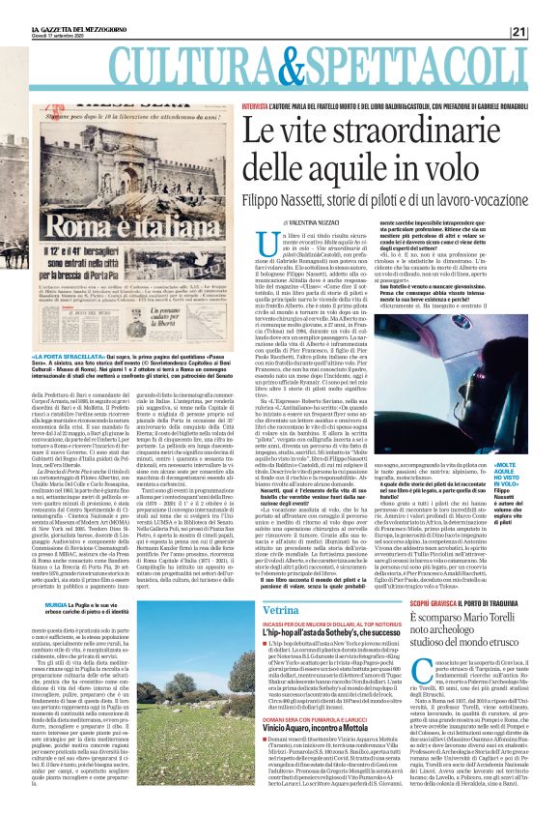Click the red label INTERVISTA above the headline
256,102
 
